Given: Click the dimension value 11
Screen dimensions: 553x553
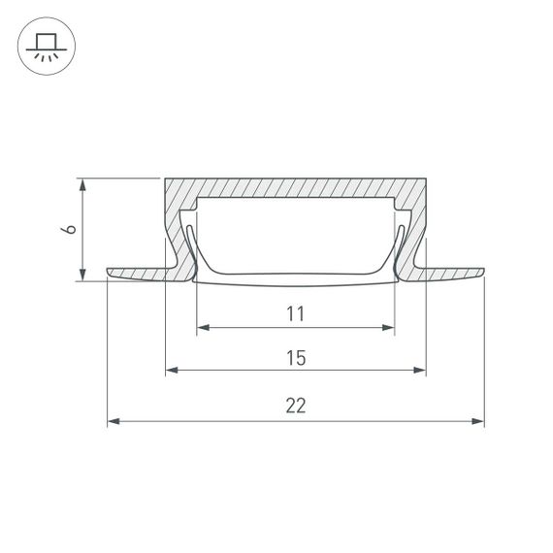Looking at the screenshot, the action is (x=296, y=313).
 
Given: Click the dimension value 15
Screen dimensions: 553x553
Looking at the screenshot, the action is (x=296, y=358).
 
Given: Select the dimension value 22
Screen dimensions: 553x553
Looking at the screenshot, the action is (x=296, y=406).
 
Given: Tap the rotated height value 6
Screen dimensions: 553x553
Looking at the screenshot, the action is (x=69, y=229).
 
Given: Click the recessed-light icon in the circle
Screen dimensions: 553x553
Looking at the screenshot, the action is (x=47, y=47).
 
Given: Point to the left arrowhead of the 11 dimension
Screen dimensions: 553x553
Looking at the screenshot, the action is (x=203, y=328).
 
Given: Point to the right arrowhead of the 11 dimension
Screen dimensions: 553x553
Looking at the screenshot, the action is (x=388, y=328).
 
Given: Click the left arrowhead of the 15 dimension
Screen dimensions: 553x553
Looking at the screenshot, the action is (x=172, y=370).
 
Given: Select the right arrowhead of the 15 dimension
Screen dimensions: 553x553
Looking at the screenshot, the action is (x=420, y=370).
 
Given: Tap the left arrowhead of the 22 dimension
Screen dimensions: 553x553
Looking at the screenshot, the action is (x=114, y=421).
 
